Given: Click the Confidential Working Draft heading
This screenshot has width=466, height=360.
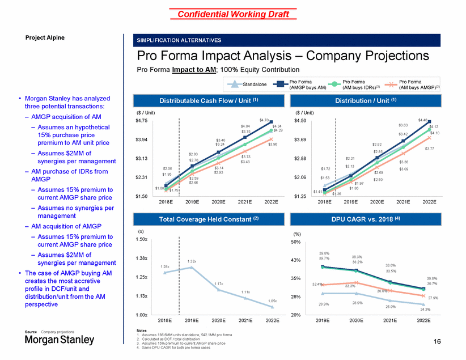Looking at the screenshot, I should pyautogui.click(x=233, y=14).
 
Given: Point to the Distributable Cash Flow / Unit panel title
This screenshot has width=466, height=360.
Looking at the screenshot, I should pyautogui.click(x=205, y=101).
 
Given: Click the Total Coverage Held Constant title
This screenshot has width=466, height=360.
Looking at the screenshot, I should pyautogui.click(x=205, y=219).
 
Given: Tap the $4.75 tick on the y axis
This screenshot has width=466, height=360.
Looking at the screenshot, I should pyautogui.click(x=141, y=120).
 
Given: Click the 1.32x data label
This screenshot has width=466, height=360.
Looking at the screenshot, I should pyautogui.click(x=192, y=261).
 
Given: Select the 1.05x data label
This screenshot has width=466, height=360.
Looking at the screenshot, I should pyautogui.click(x=273, y=301).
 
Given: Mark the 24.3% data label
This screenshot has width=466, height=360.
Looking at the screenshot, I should pyautogui.click(x=425, y=309).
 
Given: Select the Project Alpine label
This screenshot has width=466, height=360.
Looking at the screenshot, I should pyautogui.click(x=45, y=37).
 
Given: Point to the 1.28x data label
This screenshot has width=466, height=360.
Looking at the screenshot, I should pyautogui.click(x=165, y=266).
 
